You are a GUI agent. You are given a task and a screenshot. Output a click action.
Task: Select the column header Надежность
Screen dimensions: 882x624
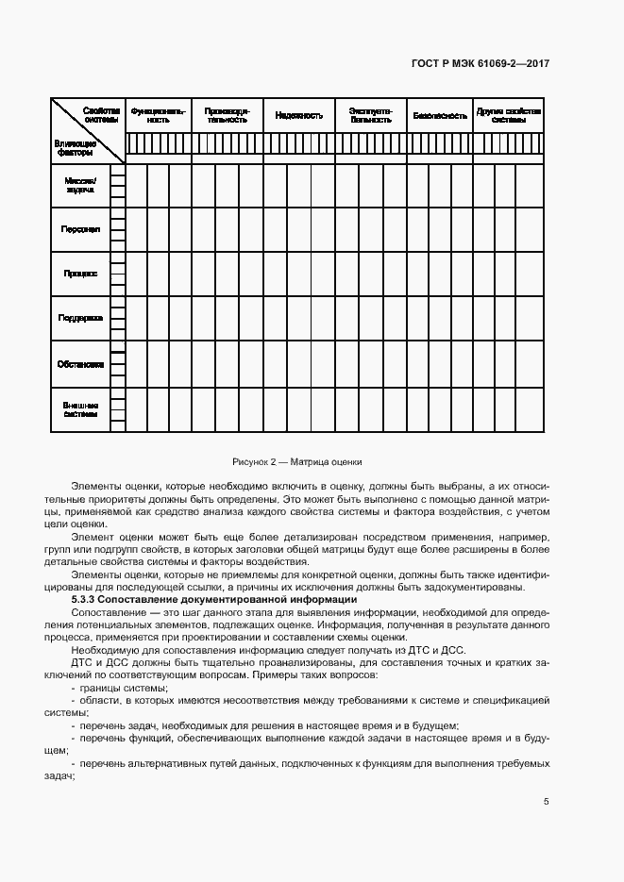point(299,115)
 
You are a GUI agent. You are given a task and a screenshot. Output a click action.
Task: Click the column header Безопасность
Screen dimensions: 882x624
point(439,115)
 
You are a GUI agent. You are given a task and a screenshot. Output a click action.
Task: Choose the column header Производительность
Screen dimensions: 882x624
point(227,115)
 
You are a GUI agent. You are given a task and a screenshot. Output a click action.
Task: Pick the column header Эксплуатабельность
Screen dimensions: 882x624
point(370,115)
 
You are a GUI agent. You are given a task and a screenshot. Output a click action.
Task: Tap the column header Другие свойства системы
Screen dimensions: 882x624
point(509,115)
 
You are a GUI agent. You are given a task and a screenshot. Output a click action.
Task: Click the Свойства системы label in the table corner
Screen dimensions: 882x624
point(101,115)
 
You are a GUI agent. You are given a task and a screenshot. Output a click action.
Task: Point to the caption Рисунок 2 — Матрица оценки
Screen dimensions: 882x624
point(297,461)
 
